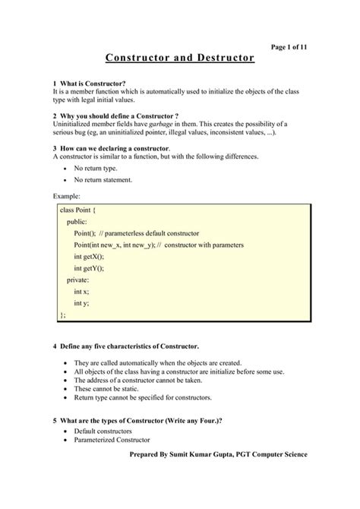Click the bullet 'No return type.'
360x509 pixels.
point(96,168)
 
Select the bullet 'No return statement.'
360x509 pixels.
point(103,180)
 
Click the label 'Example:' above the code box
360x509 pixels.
point(67,197)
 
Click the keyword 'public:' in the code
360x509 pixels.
point(77,221)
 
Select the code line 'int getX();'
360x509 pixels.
point(89,257)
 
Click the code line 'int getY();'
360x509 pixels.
point(89,268)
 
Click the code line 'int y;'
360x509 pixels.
point(81,302)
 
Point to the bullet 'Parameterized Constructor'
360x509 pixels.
point(112,440)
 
